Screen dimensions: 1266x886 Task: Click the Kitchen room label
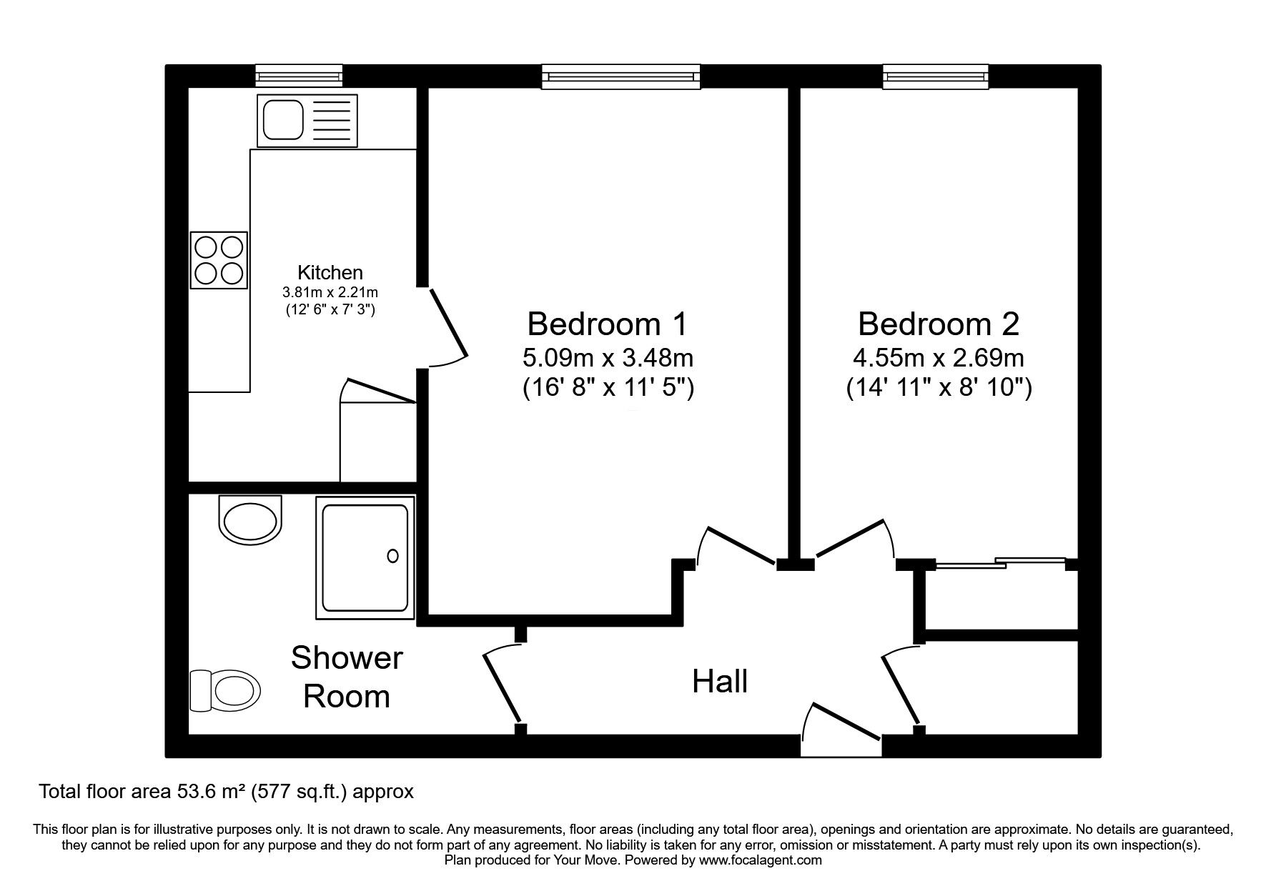pos(330,272)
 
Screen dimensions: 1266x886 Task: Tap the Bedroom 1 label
pos(607,324)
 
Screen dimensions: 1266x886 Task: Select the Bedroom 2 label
pos(939,324)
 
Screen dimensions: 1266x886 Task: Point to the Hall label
pos(720,682)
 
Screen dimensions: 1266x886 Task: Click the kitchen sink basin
pos(284,120)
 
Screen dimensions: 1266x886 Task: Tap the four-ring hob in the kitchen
pos(219,260)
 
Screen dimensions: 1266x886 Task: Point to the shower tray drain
pos(392,556)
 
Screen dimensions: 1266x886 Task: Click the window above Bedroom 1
pos(620,76)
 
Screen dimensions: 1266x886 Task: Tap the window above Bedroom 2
pos(936,76)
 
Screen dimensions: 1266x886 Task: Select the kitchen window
pos(300,76)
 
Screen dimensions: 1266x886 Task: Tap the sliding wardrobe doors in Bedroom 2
pos(1000,562)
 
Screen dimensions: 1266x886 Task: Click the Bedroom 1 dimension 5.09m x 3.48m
pos(608,357)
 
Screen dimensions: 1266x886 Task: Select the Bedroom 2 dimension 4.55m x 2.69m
pos(939,357)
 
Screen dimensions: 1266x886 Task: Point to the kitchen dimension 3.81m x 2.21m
pos(330,292)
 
